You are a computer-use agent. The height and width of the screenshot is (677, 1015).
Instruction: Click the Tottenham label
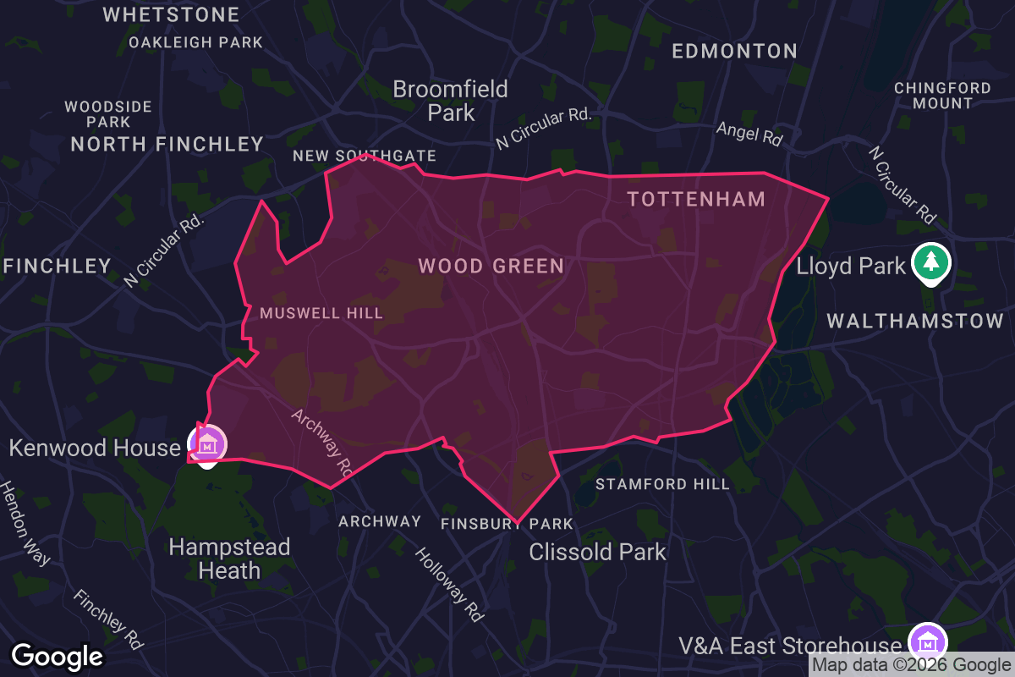696,199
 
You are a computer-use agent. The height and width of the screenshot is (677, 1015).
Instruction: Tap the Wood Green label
491,267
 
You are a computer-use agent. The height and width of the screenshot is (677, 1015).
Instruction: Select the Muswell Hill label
321,313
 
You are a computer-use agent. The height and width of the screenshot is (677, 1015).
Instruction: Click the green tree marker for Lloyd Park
930,261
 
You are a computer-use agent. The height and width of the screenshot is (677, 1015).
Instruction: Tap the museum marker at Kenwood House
207,443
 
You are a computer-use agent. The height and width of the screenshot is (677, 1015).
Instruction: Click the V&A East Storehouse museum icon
927,641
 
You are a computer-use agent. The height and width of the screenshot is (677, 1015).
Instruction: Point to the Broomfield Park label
451,101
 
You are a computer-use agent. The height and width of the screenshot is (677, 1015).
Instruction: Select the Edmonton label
734,52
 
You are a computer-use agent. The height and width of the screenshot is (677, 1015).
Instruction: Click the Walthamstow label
915,322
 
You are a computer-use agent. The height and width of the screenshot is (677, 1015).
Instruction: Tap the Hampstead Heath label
229,559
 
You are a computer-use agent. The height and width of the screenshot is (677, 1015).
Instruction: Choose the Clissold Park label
597,553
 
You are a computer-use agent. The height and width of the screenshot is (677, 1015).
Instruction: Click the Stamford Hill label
662,484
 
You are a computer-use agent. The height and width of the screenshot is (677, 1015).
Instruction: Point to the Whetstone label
172,14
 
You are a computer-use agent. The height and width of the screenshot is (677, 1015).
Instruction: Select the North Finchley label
167,144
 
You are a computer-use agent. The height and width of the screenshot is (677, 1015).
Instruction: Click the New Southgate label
365,156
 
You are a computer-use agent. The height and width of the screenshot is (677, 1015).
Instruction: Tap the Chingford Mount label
942,96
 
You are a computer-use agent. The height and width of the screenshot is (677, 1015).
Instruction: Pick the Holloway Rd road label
449,584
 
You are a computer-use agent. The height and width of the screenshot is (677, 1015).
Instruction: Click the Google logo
58,656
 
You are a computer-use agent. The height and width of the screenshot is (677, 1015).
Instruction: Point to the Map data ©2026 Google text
911,665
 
